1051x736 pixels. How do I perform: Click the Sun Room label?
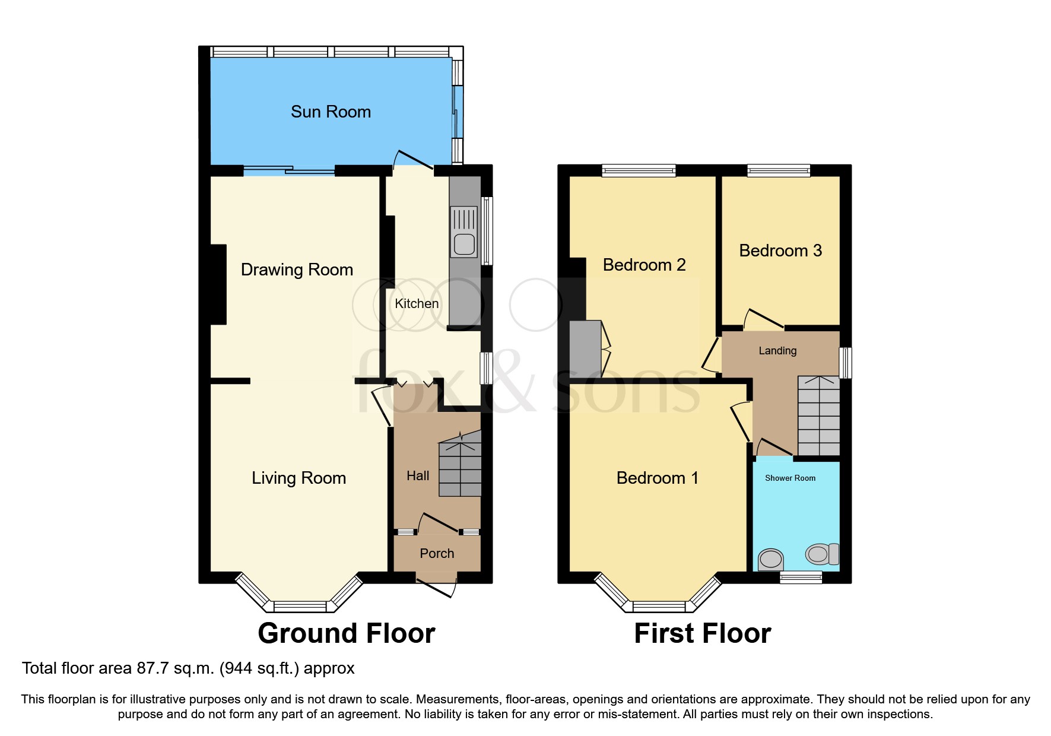(x=331, y=112)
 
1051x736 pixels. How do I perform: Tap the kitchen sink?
(x=463, y=231)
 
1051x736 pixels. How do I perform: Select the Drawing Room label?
(x=297, y=269)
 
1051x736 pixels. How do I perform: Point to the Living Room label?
(x=299, y=478)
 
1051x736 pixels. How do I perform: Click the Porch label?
(x=437, y=553)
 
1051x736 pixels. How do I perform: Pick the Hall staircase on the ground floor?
(x=460, y=467)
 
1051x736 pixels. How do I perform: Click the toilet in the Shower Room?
(x=821, y=554)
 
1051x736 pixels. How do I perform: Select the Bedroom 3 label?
(x=780, y=250)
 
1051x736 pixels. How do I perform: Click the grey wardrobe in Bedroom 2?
(x=585, y=349)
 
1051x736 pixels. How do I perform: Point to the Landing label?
(x=777, y=351)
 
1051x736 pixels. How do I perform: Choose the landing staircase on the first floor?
(x=818, y=415)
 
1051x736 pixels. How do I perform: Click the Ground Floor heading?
(x=347, y=633)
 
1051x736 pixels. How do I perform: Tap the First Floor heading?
(x=703, y=633)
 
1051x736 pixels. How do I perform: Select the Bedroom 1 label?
(x=657, y=478)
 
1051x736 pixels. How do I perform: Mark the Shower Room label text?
(x=790, y=478)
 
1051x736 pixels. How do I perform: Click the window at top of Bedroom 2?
(x=639, y=171)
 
